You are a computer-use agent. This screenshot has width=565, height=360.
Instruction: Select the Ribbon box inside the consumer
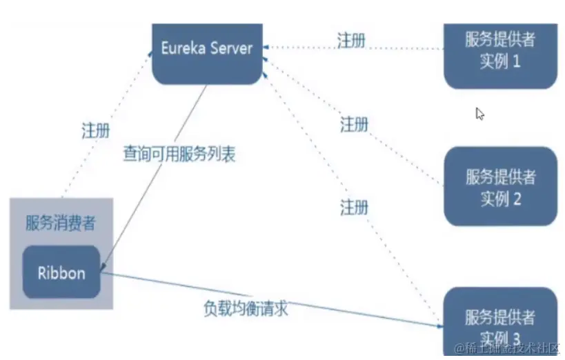[61, 272]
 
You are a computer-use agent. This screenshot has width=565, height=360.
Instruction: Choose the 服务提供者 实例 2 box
[500, 187]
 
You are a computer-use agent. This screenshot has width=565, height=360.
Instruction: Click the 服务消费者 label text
[61, 222]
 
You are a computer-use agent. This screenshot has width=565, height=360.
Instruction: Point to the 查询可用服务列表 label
[179, 154]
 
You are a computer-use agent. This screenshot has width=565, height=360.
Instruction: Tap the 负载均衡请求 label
[246, 308]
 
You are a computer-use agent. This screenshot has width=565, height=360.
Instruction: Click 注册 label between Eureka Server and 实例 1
[351, 39]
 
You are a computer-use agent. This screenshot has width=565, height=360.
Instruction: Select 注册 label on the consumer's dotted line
[95, 131]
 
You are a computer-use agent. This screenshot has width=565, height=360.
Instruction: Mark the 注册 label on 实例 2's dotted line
[354, 125]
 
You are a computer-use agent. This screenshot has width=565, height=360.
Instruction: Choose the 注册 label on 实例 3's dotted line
[354, 206]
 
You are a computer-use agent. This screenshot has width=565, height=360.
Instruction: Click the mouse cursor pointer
[480, 114]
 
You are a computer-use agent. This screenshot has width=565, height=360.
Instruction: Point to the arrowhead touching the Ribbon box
[103, 263]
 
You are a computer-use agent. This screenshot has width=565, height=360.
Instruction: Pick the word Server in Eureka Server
[228, 49]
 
